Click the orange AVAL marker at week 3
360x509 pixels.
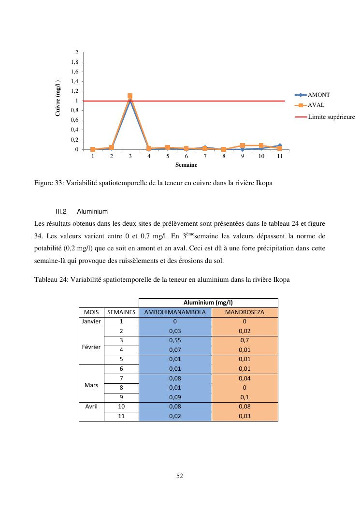130,96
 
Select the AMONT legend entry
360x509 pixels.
318,95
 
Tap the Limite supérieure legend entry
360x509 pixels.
331,117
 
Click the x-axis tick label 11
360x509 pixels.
280,156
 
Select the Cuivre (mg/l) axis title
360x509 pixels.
58,98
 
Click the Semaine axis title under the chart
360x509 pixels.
186,165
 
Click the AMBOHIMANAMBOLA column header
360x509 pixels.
175,312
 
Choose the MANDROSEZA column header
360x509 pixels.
245,312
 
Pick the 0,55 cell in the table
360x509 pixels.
175,340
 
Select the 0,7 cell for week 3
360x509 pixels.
245,340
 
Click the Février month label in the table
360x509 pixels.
92,347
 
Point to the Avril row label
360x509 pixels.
91,407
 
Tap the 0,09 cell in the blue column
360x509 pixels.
175,397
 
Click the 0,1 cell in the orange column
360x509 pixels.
245,397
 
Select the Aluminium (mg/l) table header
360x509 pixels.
208,303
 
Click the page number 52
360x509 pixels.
180,476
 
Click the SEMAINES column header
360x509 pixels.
121,312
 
